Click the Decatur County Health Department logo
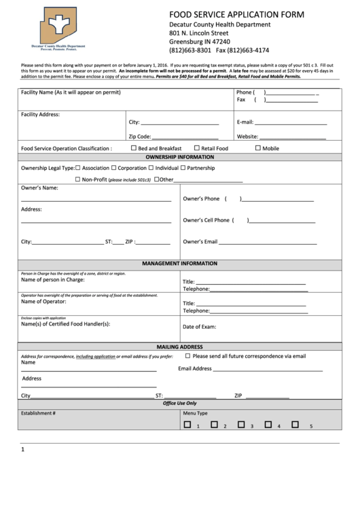[x=62, y=31]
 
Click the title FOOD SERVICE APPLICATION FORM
[x=236, y=14]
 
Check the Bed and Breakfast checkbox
[x=132, y=147]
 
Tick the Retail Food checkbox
[x=197, y=147]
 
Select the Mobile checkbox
[x=258, y=147]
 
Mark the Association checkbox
[x=78, y=167]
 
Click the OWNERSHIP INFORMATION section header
[x=179, y=157]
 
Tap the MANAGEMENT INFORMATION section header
[x=179, y=263]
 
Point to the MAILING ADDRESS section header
[x=179, y=346]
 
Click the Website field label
[x=248, y=136]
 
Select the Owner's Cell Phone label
[x=206, y=220]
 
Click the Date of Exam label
[x=199, y=326]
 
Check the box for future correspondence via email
[x=188, y=355]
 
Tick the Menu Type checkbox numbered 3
[x=240, y=425]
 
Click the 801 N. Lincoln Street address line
[x=198, y=33]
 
